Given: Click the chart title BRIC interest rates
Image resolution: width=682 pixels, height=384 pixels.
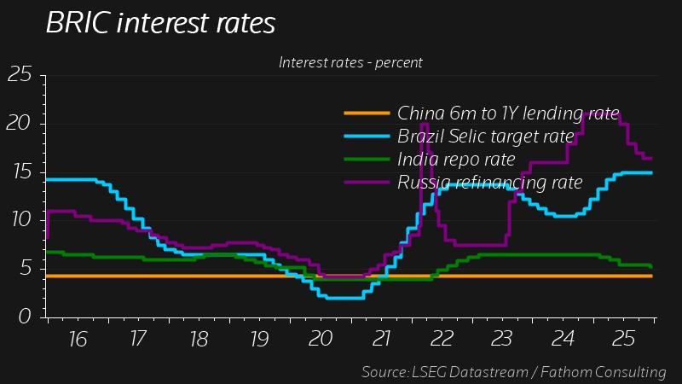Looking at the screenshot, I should [x=160, y=24].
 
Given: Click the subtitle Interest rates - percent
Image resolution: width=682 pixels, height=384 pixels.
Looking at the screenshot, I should [x=350, y=62].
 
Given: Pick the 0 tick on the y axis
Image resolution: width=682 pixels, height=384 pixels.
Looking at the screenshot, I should [x=26, y=317].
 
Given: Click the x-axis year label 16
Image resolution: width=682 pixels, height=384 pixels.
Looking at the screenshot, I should [x=78, y=339].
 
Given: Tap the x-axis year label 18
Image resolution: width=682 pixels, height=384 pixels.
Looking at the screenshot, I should [x=199, y=339].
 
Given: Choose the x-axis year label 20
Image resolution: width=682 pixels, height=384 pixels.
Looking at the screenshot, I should [x=320, y=339].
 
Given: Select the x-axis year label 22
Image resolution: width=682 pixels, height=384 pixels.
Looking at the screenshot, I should [x=441, y=339].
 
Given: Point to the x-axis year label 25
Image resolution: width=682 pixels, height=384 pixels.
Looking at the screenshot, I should [x=622, y=339].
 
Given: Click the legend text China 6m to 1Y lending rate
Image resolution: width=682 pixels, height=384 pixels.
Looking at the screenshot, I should [x=508, y=113].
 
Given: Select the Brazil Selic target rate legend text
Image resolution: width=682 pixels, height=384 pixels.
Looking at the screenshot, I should [x=486, y=136].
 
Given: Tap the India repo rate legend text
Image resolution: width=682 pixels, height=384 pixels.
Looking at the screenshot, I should [x=456, y=159].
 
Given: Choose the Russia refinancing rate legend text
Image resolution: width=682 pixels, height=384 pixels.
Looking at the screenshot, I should [x=489, y=182].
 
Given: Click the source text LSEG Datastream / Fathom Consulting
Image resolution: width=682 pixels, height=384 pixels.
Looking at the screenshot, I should [x=514, y=372].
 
